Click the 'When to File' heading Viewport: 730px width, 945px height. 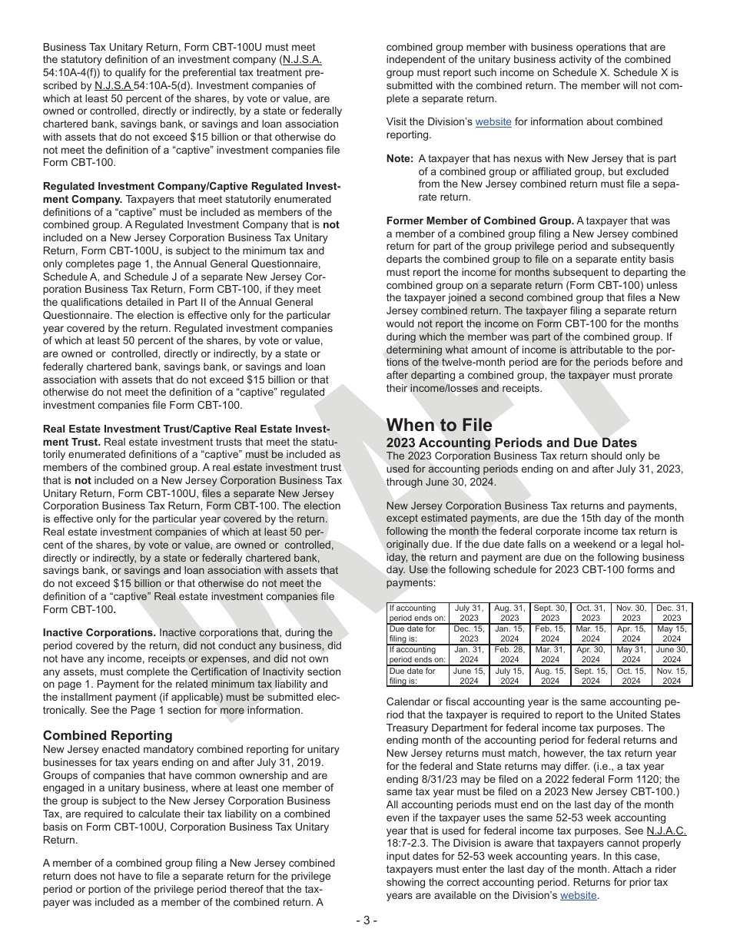[x=439, y=425]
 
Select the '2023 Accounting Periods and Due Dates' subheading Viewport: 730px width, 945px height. [x=511, y=443]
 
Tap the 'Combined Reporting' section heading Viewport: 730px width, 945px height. [x=108, y=735]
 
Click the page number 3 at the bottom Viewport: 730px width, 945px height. [x=366, y=920]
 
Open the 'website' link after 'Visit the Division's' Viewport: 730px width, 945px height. [x=493, y=121]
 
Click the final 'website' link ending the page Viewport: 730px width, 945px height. [x=578, y=895]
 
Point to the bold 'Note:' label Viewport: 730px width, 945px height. [x=400, y=159]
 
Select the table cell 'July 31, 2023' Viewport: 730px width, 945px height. [x=469, y=612]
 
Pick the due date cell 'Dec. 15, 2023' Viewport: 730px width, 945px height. [x=469, y=633]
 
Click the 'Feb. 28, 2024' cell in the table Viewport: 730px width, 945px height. [x=509, y=654]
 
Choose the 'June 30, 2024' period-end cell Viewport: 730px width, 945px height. [x=672, y=654]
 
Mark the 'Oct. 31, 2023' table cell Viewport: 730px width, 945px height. [x=590, y=612]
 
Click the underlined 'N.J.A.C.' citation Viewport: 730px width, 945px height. [x=666, y=831]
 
